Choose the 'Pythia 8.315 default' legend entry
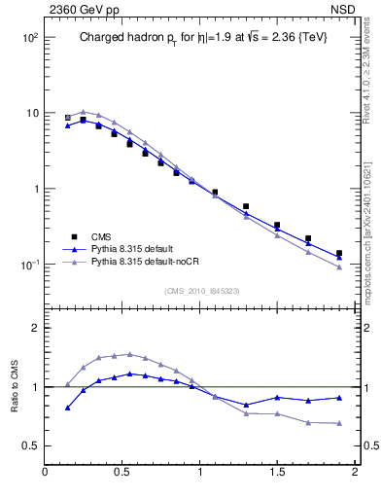point(129,249)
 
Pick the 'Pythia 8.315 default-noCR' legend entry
point(140,263)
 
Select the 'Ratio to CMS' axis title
point(13,386)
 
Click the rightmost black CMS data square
point(339,254)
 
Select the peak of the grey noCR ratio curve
point(129,354)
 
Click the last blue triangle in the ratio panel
point(339,397)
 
